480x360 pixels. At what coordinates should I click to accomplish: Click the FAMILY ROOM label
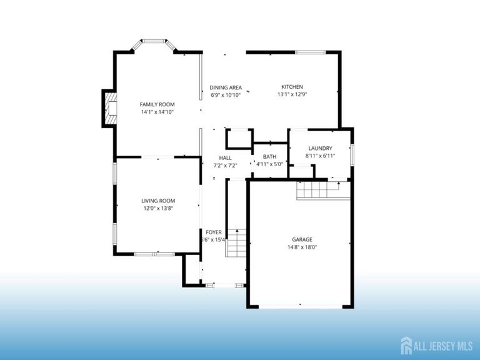coord(157,104)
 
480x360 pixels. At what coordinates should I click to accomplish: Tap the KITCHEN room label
coord(292,87)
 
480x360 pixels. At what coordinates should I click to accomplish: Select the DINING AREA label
coord(226,87)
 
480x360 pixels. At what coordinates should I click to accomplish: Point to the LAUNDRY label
coord(320,148)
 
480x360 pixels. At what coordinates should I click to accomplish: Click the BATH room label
coord(269,157)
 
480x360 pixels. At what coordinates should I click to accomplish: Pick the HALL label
coord(225,157)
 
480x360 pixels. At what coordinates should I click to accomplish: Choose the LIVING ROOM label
coord(157,201)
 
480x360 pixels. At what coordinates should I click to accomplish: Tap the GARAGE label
coord(302,239)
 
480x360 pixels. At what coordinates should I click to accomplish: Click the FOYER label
coord(214,232)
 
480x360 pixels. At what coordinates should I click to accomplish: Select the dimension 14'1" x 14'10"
coord(157,112)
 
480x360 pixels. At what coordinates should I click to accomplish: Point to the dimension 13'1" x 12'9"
coord(292,95)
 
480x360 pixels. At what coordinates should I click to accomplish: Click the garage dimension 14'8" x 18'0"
coord(302,247)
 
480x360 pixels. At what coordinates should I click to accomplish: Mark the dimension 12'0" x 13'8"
coord(157,209)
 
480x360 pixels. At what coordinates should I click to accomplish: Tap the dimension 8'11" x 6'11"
coord(320,156)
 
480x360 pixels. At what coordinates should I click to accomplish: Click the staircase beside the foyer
coord(237,244)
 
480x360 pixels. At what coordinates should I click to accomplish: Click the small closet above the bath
coord(237,138)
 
